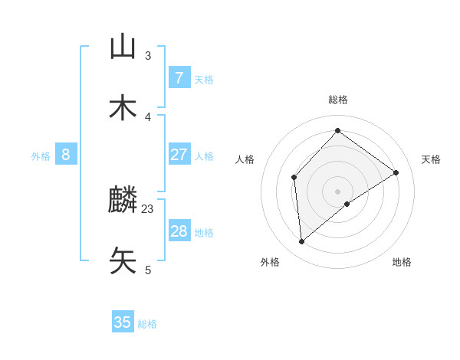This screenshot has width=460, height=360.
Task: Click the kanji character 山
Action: point(123,47)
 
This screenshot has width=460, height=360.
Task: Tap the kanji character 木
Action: point(123,108)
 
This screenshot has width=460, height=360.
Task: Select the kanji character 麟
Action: point(123,201)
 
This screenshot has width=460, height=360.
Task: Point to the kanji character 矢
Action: point(123,261)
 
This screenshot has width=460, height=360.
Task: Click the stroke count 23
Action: point(148,208)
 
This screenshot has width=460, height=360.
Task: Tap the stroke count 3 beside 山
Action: point(148,55)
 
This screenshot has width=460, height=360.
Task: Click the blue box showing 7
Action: point(179,78)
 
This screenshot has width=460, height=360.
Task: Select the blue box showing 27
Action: point(179,155)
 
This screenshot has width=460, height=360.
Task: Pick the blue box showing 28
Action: point(179,231)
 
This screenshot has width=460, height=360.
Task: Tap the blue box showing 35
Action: point(123,322)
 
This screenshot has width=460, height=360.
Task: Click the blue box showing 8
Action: point(66,155)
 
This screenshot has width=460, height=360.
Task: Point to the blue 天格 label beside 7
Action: point(204,79)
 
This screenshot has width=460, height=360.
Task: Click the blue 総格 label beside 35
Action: point(147,324)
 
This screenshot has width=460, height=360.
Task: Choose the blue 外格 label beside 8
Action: point(41,156)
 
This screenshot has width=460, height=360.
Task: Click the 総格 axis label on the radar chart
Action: point(338,100)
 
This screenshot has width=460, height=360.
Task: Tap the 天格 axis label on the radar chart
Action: point(431,159)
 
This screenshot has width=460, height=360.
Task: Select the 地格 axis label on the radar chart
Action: point(402,262)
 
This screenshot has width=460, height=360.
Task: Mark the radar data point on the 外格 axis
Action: point(302,242)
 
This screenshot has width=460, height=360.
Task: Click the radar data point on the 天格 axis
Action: point(396,172)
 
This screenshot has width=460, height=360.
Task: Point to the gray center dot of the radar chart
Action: point(338,191)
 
